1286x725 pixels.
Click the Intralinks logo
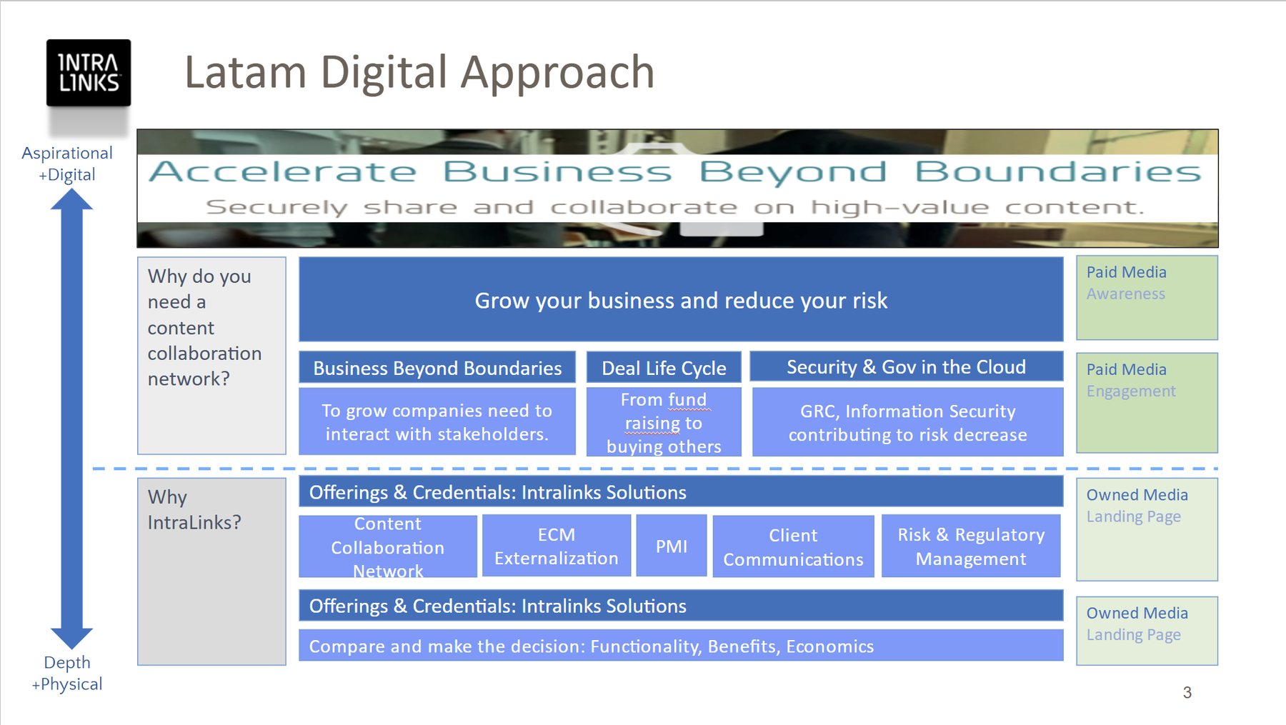[89, 73]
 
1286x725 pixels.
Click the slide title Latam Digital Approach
[419, 72]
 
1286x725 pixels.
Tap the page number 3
[1187, 692]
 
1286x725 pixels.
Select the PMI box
[672, 546]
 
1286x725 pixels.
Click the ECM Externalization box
[557, 546]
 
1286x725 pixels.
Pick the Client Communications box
[793, 546]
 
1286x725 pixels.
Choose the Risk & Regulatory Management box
[971, 546]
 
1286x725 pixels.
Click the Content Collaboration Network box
[388, 546]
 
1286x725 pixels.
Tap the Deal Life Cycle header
[664, 368]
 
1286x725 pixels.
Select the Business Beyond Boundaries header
[437, 368]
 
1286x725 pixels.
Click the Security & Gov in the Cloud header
[906, 366]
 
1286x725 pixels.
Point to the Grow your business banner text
[681, 301]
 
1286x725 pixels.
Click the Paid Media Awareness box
[1147, 298]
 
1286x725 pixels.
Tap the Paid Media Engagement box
[1147, 403]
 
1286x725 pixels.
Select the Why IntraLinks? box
[211, 571]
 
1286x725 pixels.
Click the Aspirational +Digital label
[67, 164]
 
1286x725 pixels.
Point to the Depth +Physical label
[67, 673]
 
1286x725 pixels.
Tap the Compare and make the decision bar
[681, 646]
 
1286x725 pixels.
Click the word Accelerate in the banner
[283, 171]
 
